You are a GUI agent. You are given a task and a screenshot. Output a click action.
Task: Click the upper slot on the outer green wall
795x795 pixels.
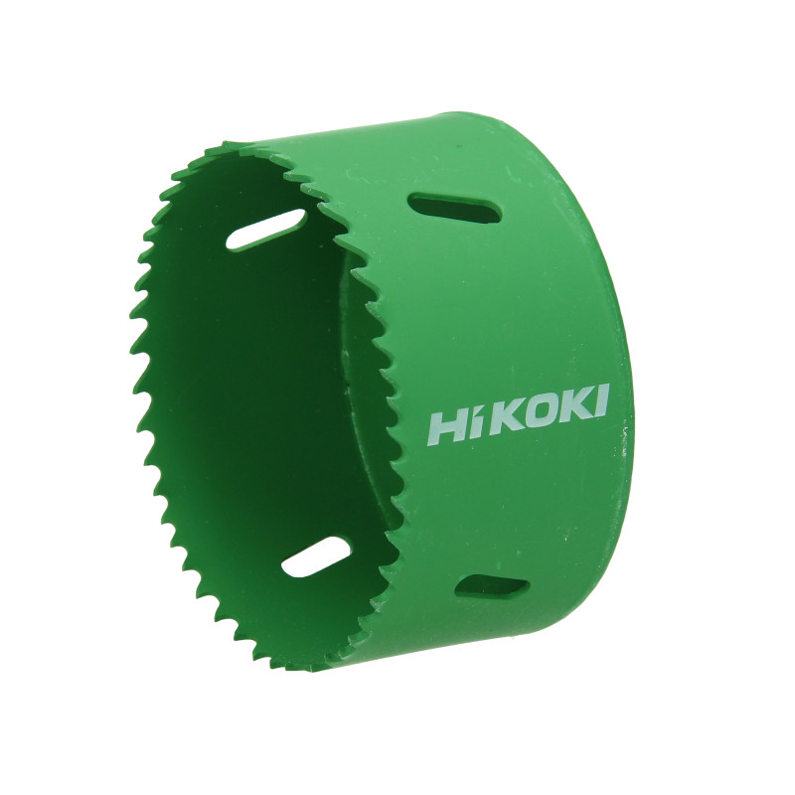(454, 207)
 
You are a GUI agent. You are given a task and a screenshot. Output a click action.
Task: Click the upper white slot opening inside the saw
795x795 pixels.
(265, 230)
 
